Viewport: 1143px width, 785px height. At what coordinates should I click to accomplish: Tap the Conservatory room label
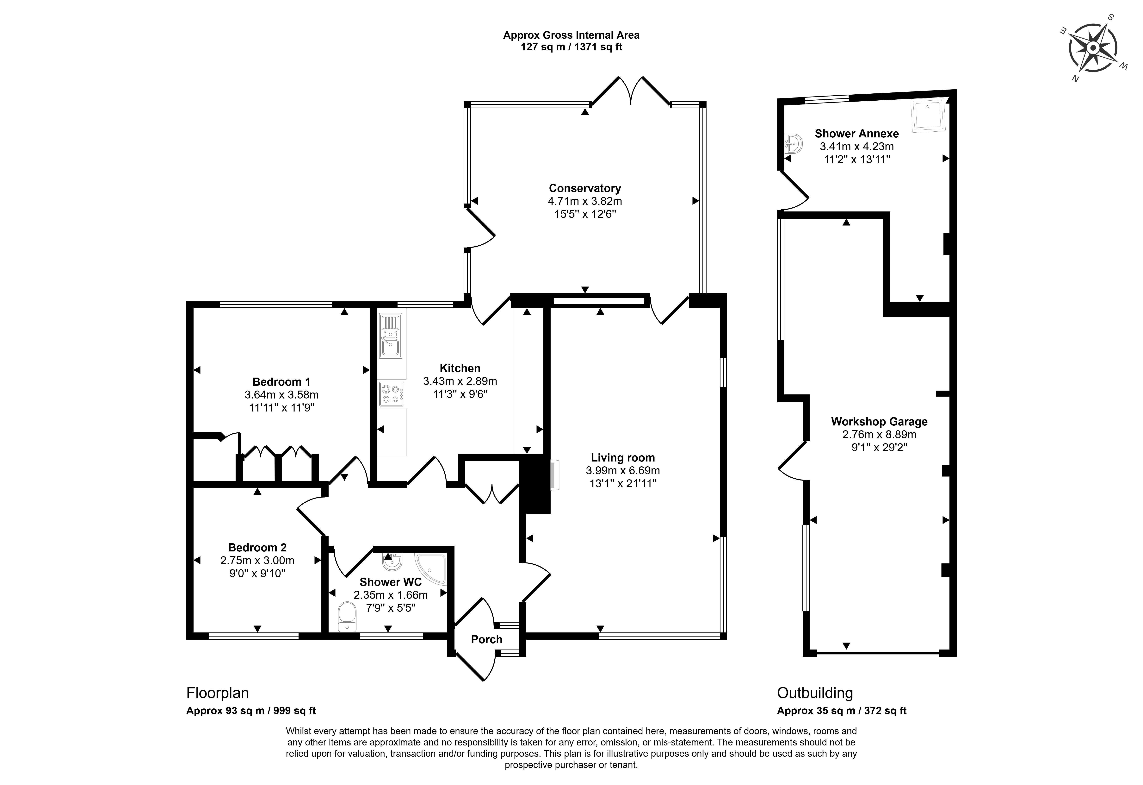[585, 188]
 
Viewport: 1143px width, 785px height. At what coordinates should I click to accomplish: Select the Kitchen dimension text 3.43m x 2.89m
[460, 381]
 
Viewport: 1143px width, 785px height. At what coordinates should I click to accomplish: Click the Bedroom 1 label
[281, 381]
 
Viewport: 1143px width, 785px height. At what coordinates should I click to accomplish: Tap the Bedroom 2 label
[257, 547]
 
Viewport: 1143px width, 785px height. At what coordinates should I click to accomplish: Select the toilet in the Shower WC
[347, 617]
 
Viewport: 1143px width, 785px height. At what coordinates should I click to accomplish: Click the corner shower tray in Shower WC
[431, 568]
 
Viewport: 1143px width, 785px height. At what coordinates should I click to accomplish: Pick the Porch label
[486, 639]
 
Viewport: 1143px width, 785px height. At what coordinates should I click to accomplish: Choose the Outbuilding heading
[815, 693]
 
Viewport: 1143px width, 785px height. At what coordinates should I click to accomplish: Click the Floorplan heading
[217, 693]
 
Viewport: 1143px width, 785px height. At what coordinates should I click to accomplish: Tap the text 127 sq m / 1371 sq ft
[571, 47]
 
